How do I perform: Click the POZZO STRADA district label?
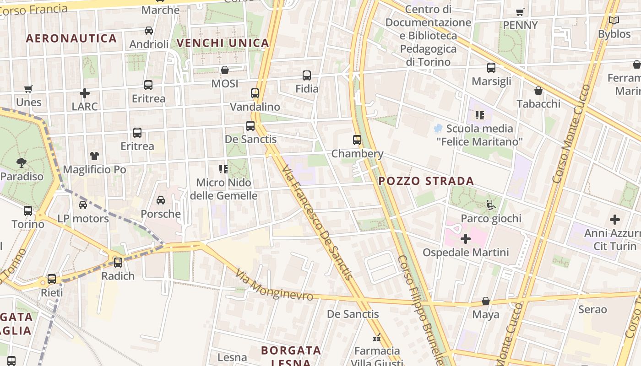point(426,181)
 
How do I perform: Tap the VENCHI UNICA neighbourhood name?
point(223,43)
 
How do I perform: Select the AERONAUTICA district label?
point(71,38)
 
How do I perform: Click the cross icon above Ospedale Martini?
point(466,238)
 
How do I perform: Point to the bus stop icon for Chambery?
point(357,140)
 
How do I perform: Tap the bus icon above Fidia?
point(307,75)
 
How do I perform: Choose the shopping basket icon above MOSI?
point(225,70)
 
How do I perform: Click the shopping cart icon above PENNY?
point(520,12)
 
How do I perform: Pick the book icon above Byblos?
point(614,21)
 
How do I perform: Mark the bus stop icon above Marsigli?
point(491,68)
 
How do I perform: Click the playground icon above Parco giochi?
point(491,205)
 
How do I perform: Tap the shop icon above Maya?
point(486,301)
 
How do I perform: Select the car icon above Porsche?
point(161,200)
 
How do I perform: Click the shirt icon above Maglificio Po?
point(94,156)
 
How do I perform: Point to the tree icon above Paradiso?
point(21,162)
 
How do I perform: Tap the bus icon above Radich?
point(118,262)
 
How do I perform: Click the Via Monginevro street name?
point(274,285)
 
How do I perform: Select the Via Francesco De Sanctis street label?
point(317,223)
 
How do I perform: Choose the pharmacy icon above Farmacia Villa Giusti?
point(377,338)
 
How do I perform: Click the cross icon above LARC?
point(85,93)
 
